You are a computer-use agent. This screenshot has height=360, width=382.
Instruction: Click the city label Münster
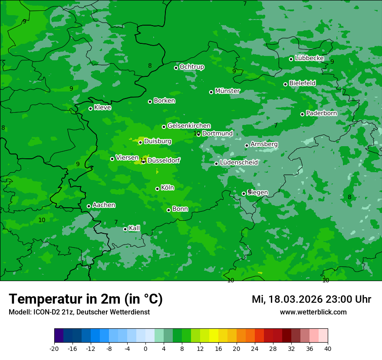tap(227, 91)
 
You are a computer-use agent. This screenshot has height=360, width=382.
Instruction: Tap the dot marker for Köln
tap(157, 189)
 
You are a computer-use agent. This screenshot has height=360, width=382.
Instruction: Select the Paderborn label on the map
tap(322, 113)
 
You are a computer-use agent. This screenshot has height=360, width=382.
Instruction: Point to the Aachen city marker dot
tap(89, 206)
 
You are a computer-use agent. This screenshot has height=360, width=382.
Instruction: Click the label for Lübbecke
tap(310, 58)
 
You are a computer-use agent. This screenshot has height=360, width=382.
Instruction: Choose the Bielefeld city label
tap(303, 83)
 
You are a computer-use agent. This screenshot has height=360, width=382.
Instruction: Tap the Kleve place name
tap(103, 108)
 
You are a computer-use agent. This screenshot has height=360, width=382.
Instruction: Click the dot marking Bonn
tap(168, 210)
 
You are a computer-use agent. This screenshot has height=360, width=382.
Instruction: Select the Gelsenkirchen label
tap(189, 126)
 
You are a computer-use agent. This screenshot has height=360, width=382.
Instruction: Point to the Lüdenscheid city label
tap(239, 163)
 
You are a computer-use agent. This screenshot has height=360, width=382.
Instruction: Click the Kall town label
tap(135, 228)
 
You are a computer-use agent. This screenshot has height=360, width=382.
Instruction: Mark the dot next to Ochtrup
tap(176, 68)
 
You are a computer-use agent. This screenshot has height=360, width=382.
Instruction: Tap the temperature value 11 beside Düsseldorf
tap(142, 160)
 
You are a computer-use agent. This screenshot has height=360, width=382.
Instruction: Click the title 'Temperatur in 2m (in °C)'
tap(86, 299)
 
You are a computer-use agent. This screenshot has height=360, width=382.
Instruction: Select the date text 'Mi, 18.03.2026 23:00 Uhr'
tap(311, 299)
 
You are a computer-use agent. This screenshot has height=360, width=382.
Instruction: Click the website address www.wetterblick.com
tap(313, 312)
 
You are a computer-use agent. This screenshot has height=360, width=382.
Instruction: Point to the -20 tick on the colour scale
tap(54, 349)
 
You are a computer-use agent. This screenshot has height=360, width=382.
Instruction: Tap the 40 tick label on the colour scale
tap(328, 349)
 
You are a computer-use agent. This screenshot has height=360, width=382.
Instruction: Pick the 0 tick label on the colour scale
tap(145, 349)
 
